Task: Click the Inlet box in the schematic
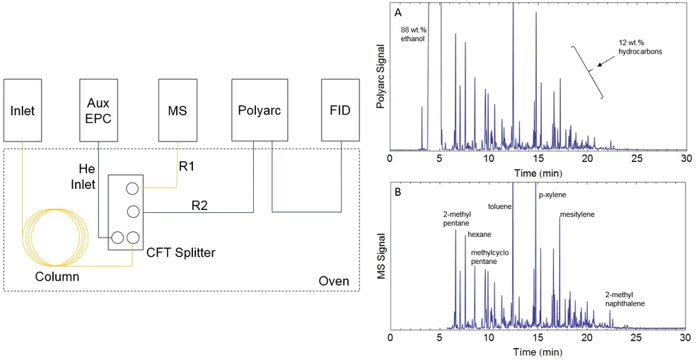point(23,110)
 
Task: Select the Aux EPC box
point(98,110)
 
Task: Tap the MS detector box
point(176,110)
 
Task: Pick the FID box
point(340,110)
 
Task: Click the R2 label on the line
point(199,205)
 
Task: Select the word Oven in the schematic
point(333,281)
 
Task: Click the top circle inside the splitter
point(132,188)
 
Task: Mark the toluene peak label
point(500,207)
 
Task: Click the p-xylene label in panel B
point(552,194)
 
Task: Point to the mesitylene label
point(576,214)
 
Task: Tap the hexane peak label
point(479,234)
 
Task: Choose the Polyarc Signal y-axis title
point(381,79)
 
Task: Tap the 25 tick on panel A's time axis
point(636,158)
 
